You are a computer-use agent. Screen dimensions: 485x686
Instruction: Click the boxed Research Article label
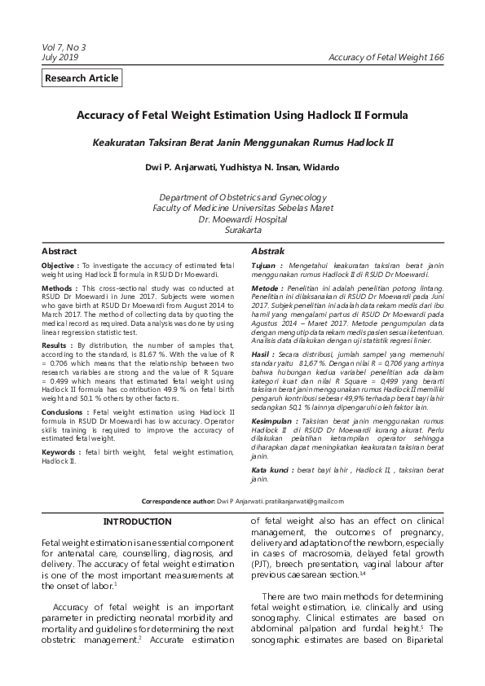82,78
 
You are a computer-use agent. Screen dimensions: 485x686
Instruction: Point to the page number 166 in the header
436,57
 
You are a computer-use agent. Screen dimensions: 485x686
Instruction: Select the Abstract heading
60,251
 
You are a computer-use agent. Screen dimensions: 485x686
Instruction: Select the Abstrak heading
267,251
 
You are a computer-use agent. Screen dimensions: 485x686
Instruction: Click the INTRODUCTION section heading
137,521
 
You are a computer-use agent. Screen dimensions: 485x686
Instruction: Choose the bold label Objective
59,266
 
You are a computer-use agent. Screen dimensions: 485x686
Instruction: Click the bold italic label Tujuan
266,266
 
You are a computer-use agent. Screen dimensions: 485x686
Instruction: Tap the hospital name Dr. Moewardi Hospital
242,219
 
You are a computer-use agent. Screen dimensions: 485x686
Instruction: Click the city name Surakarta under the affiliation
242,231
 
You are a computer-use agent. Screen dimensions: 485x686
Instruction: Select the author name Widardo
320,168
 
